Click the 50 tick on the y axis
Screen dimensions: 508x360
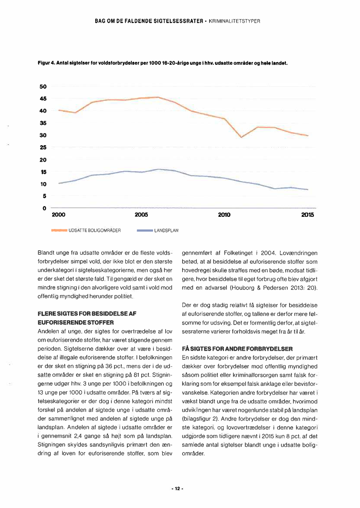43,86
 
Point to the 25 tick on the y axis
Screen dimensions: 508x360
43,148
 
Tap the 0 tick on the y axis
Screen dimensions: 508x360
44,209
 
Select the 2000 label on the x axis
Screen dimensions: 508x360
59,215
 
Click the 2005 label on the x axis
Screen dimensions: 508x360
141,215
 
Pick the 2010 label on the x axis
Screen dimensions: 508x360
224,215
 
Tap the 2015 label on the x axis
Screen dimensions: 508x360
307,215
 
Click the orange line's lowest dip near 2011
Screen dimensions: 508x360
241,137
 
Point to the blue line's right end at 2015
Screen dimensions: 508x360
308,189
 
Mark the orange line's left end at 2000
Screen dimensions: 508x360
59,110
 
